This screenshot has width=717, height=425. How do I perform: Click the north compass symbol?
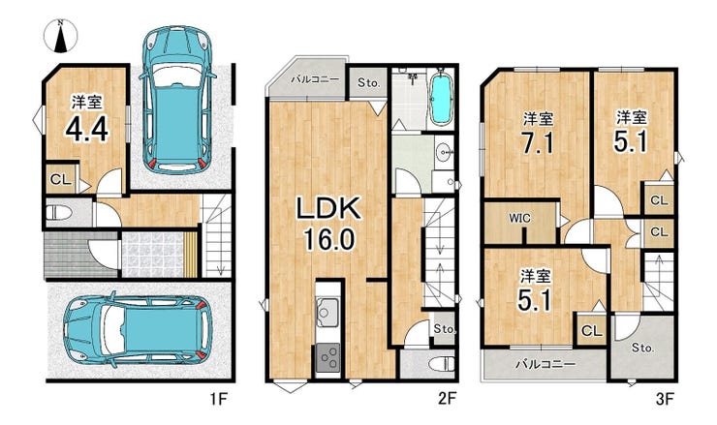point(60,36)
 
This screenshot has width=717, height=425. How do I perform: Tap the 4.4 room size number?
point(87,129)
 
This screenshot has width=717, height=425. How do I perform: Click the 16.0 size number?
point(328,239)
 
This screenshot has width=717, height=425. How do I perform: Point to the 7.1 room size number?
point(538,143)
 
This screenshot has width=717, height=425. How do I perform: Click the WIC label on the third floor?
point(520,219)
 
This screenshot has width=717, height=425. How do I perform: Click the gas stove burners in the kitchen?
point(327,357)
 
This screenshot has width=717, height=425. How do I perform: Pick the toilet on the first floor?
point(58,213)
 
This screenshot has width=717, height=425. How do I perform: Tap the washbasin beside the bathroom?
point(443,152)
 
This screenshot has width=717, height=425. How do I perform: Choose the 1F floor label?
point(218,400)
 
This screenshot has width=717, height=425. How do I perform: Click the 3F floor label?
point(665,400)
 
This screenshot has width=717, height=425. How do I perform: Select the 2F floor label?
point(447,400)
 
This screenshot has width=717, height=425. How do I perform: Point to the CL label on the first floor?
point(60,180)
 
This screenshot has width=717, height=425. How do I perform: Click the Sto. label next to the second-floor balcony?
point(368,82)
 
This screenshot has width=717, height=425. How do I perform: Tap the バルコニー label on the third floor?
point(546,364)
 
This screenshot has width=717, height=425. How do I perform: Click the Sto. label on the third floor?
point(643,348)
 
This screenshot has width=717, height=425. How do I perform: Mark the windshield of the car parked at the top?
point(177,74)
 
